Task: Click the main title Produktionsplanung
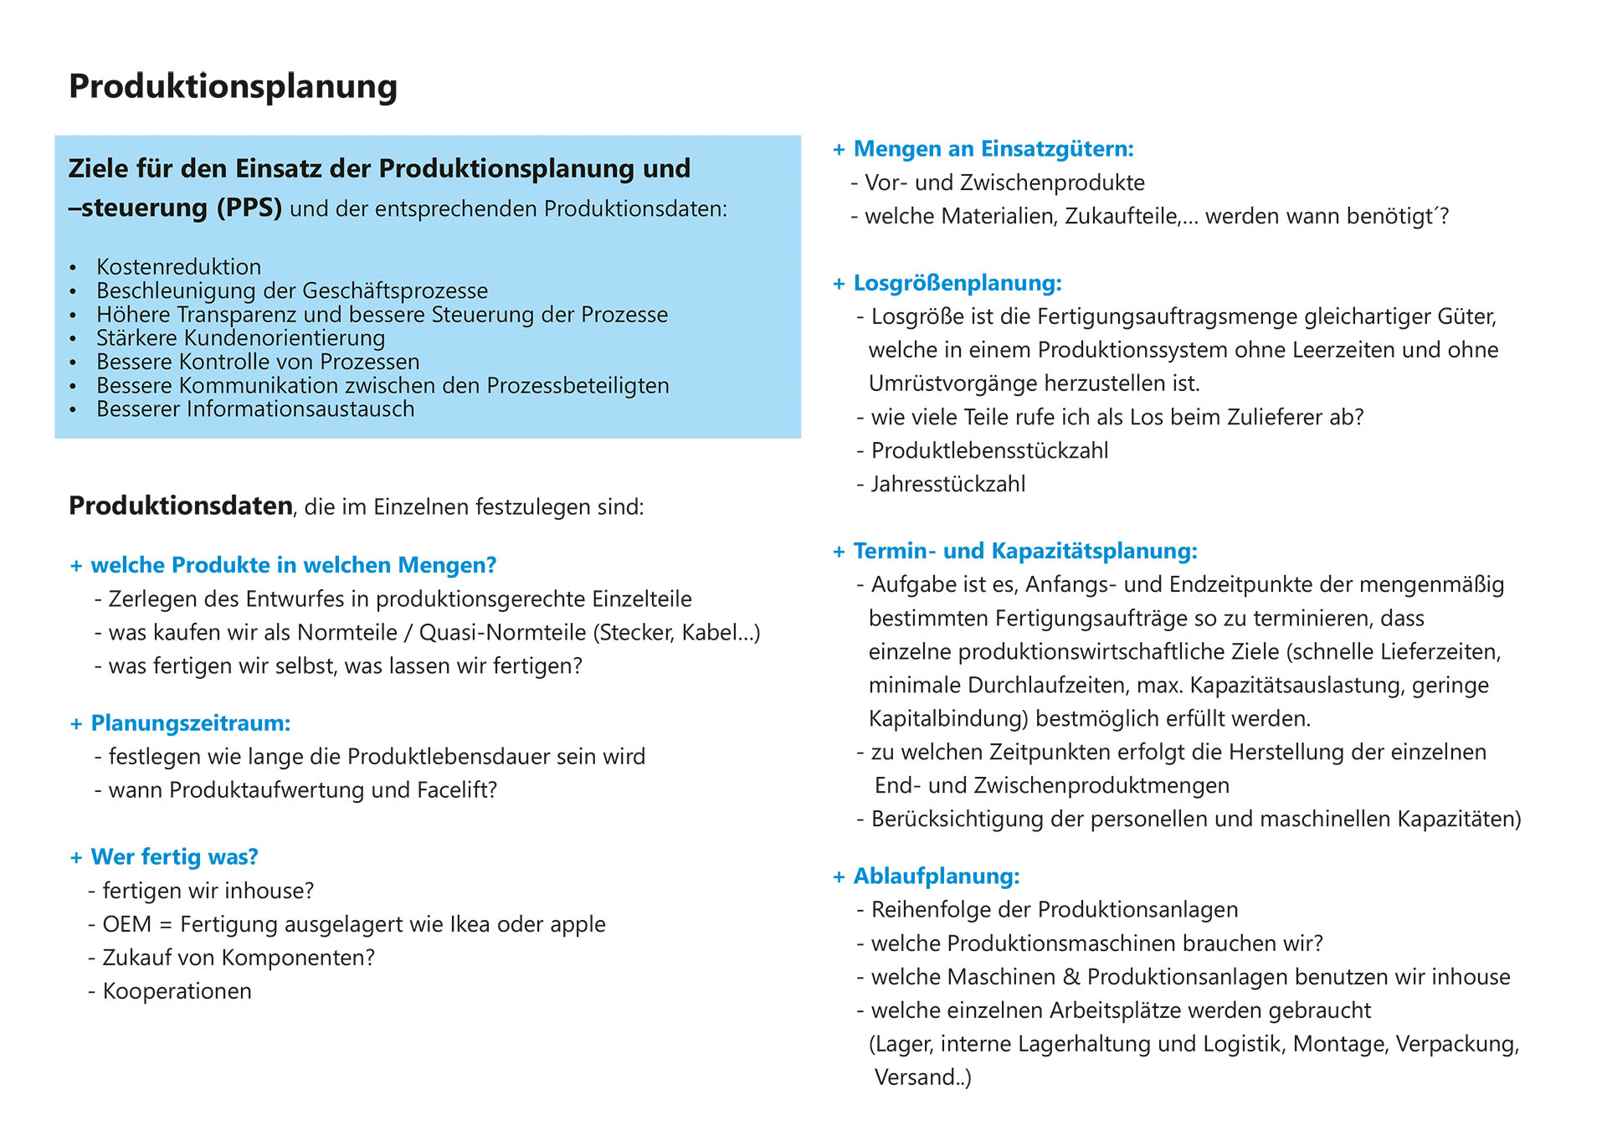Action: [233, 87]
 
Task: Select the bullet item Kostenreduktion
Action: [178, 267]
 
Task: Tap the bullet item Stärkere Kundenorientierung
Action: [240, 338]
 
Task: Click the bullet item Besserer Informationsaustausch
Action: [255, 409]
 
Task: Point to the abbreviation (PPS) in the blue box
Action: [249, 208]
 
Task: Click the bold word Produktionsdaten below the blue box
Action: [181, 506]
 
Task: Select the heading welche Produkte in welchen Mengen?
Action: [293, 565]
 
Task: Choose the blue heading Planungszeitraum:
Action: [191, 723]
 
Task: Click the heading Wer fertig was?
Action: [174, 857]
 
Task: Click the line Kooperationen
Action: [177, 991]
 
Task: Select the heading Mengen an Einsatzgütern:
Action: [993, 149]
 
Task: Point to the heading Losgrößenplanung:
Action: [958, 283]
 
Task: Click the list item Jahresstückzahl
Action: [948, 484]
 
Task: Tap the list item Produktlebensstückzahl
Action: [989, 450]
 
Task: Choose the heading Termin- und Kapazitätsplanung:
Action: [1025, 551]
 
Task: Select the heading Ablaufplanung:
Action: [937, 876]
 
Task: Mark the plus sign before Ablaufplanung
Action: [839, 877]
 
